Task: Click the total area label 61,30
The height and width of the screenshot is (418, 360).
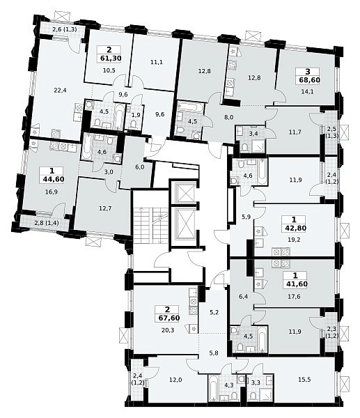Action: (109, 59)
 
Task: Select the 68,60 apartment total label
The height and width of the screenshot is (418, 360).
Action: (309, 80)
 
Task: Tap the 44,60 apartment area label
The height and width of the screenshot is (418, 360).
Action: (54, 179)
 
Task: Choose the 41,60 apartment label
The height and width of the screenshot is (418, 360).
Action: (295, 284)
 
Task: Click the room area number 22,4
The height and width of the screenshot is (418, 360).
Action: (60, 91)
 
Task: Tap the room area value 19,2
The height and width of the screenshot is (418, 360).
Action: (295, 240)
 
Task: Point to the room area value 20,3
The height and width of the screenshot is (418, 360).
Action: (168, 330)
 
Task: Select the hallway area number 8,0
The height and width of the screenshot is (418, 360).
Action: (221, 117)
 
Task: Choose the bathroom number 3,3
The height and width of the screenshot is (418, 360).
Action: (256, 383)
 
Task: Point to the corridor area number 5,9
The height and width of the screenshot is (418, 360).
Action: (246, 217)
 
